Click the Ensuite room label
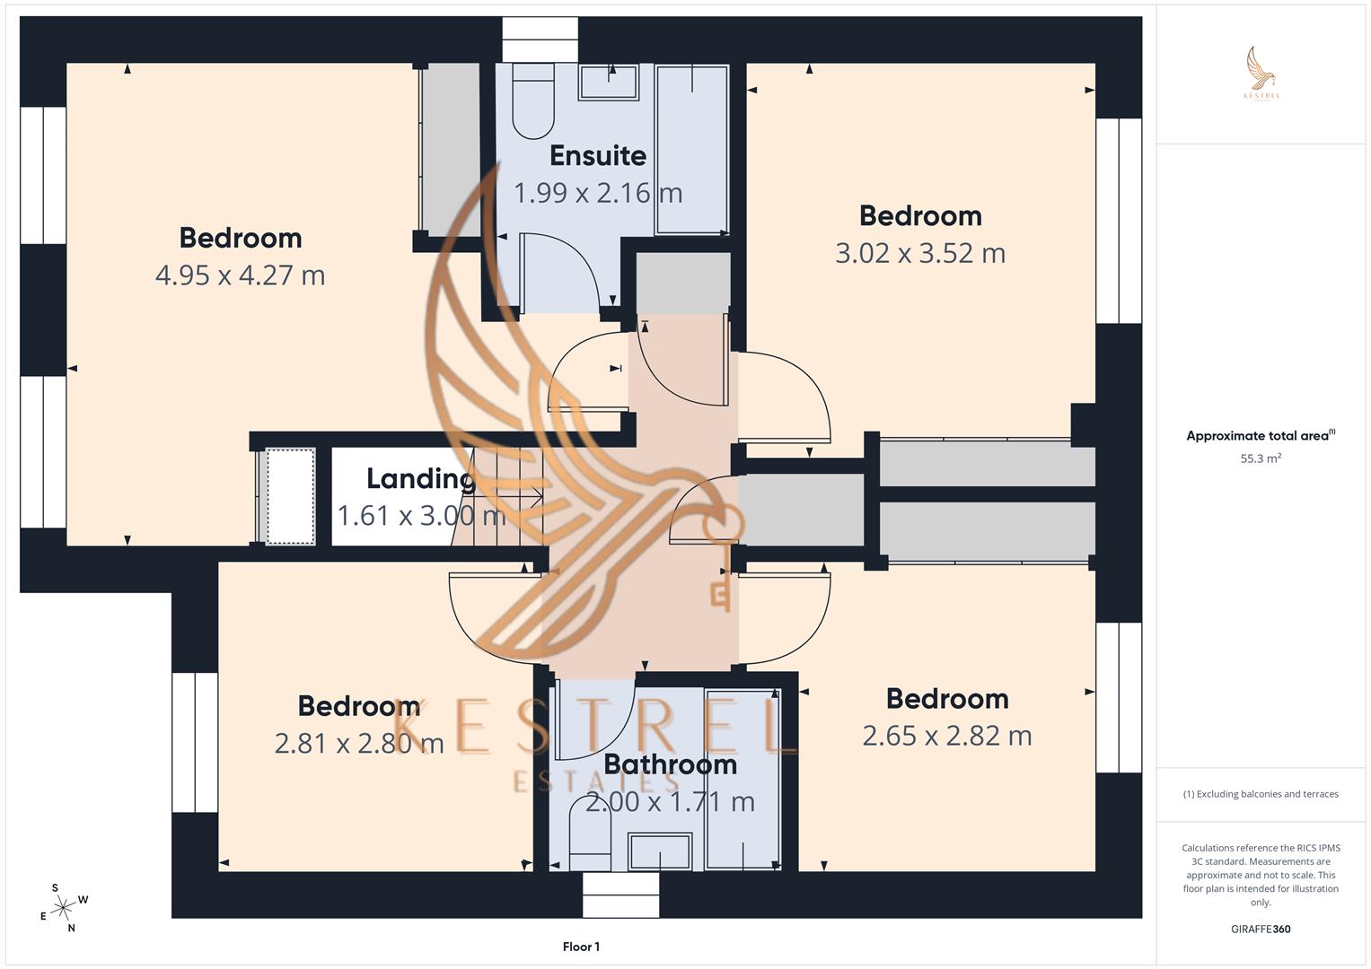pyautogui.click(x=597, y=156)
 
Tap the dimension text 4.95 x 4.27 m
pyautogui.click(x=240, y=275)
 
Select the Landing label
pyautogui.click(x=419, y=479)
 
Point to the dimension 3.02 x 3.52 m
pyautogui.click(x=919, y=254)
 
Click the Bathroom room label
pyautogui.click(x=670, y=764)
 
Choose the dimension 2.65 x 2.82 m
pyautogui.click(x=946, y=736)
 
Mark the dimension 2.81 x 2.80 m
pyautogui.click(x=358, y=744)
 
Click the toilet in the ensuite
pyautogui.click(x=532, y=100)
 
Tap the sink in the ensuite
pyautogui.click(x=609, y=82)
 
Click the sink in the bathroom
pyautogui.click(x=660, y=851)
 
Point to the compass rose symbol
pyautogui.click(x=62, y=908)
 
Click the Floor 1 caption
pyautogui.click(x=581, y=947)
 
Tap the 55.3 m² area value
pyautogui.click(x=1260, y=458)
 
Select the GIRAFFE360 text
pyautogui.click(x=1260, y=929)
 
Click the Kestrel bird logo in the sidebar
pyautogui.click(x=1261, y=72)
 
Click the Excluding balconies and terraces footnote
pyautogui.click(x=1260, y=794)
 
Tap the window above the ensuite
pyautogui.click(x=540, y=39)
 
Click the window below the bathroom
pyautogui.click(x=620, y=895)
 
